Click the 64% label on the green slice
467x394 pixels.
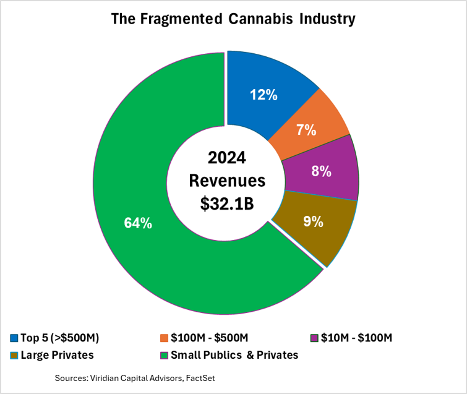tap(137, 223)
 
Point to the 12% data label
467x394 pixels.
tap(263, 95)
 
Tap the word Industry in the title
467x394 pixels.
tap(325, 19)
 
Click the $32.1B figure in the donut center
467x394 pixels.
tap(227, 204)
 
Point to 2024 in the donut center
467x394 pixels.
tap(227, 158)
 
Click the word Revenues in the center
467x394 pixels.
tap(227, 181)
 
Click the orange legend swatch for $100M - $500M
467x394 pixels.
tap(164, 338)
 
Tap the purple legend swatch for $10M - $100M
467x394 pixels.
tap(315, 338)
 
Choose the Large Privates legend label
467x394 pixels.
tap(57, 355)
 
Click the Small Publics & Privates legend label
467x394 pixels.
tap(234, 355)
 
